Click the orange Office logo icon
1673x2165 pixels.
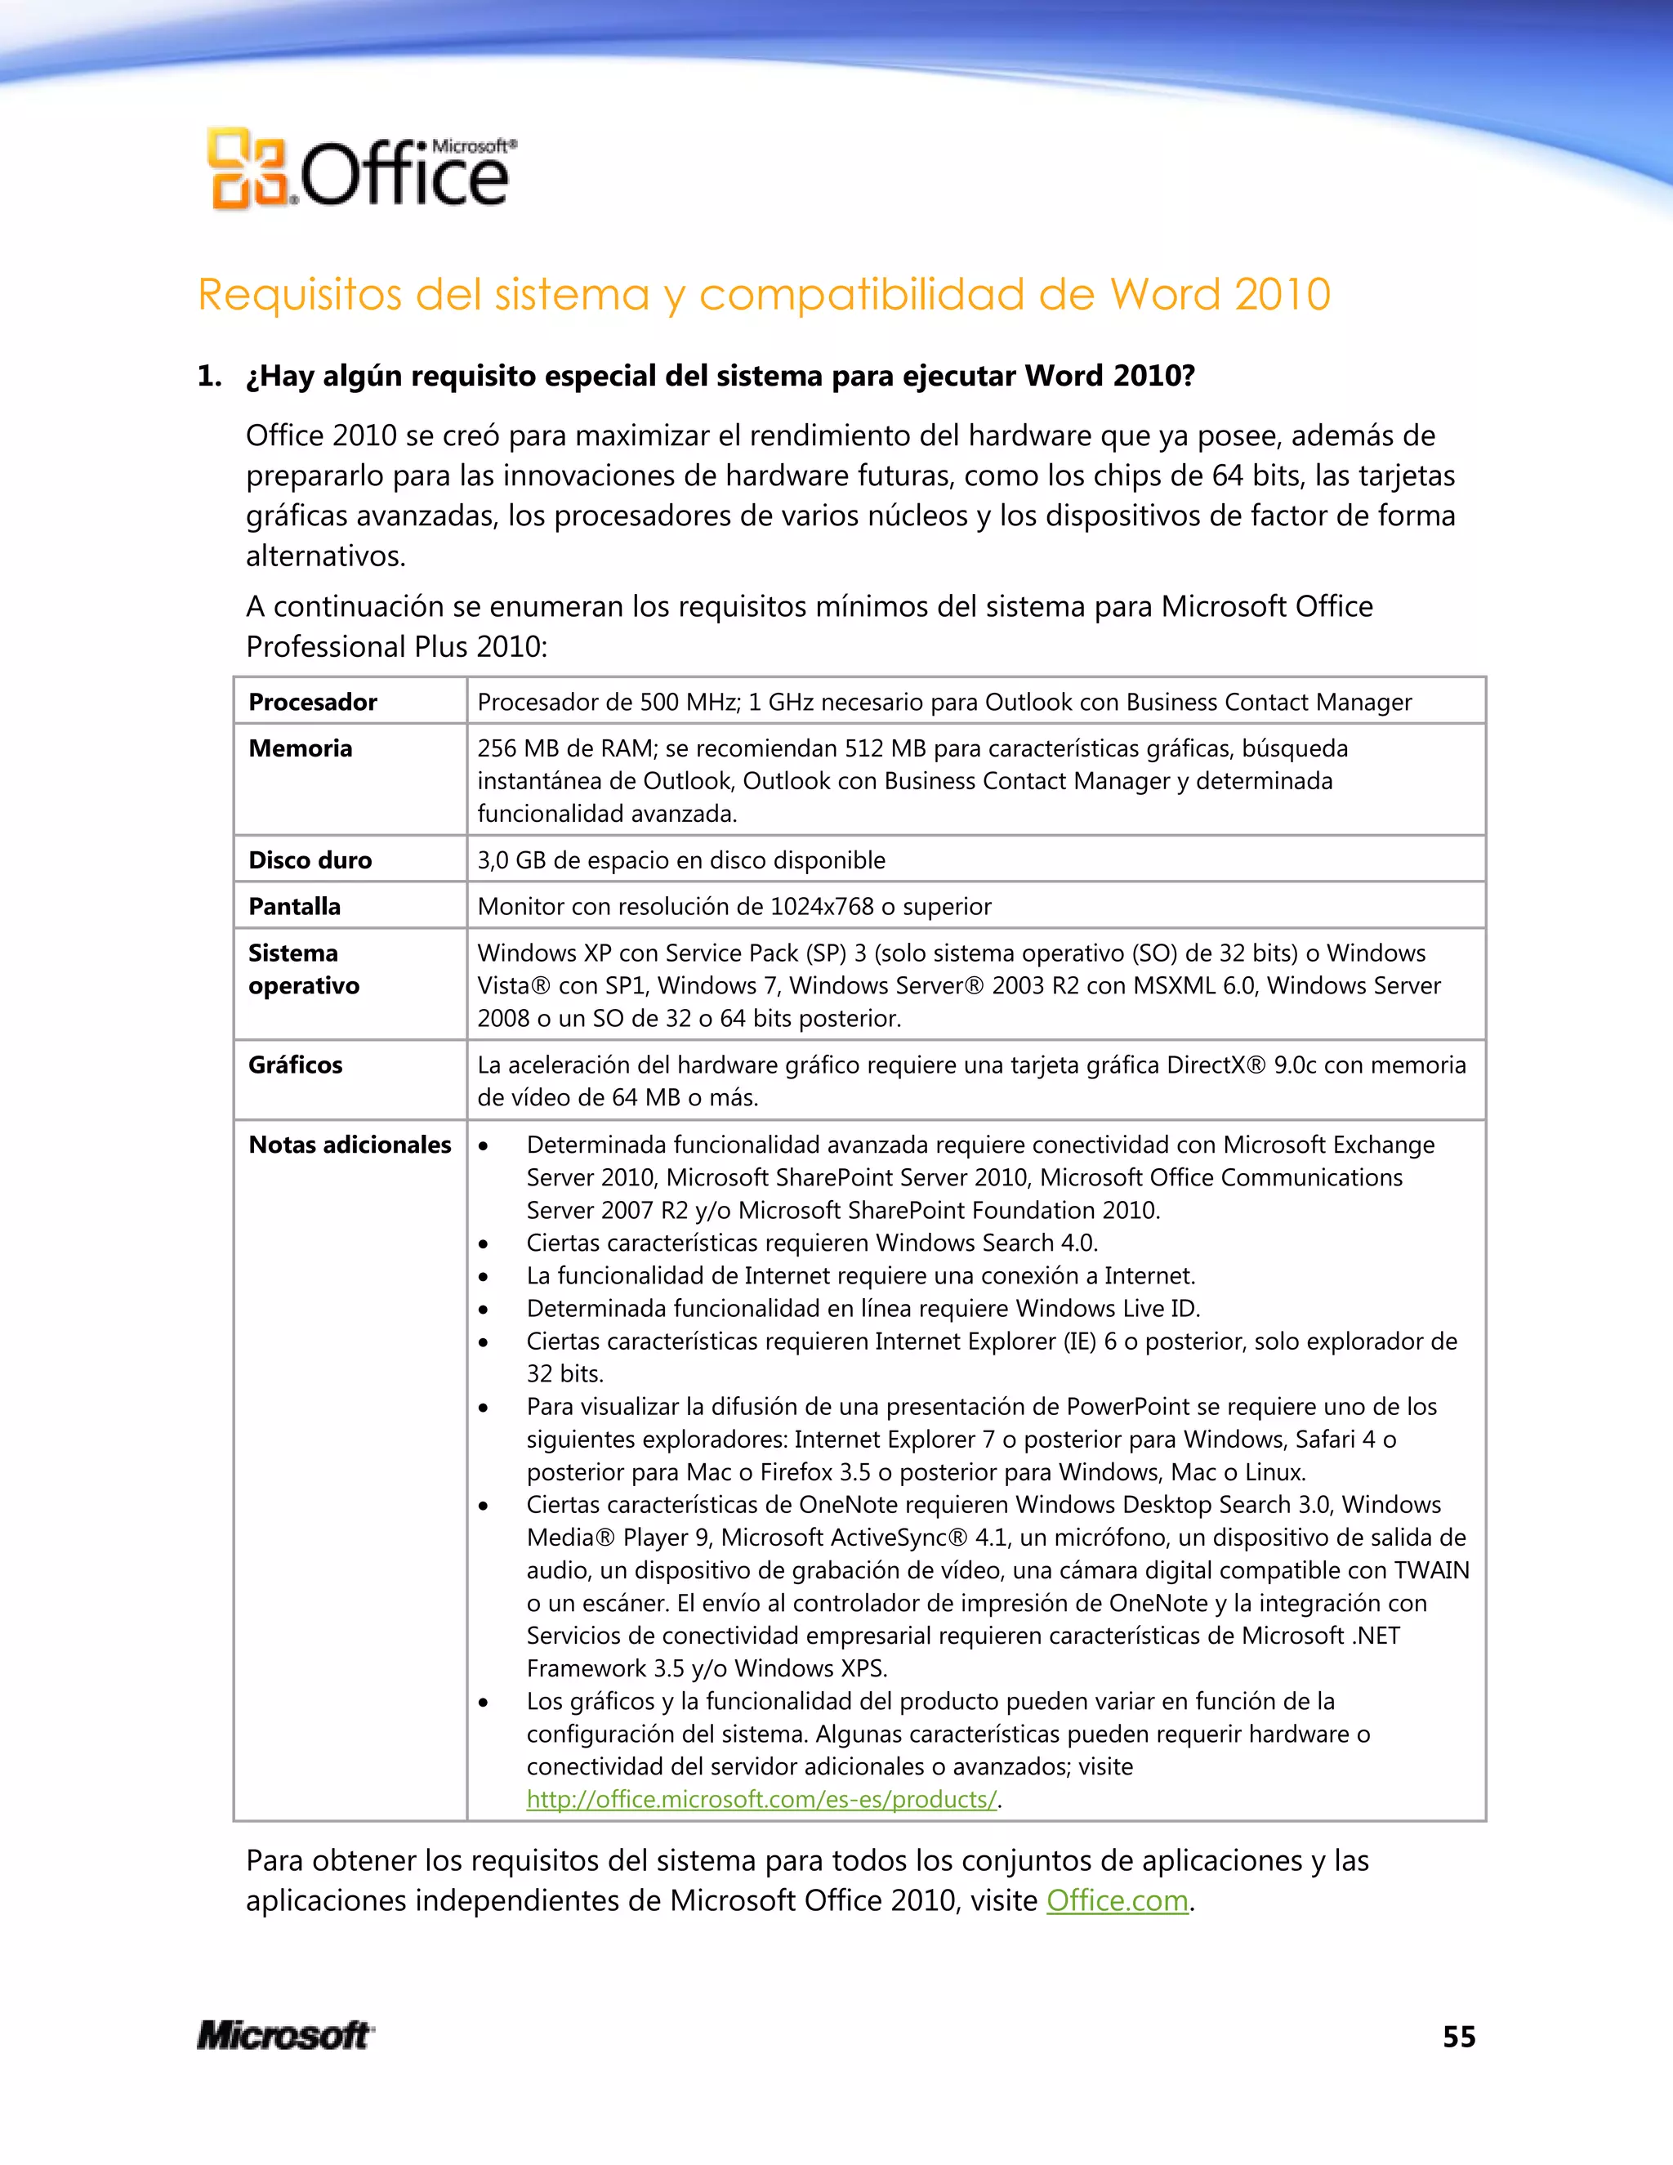pos(248,168)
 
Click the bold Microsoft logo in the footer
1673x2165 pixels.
pos(285,2035)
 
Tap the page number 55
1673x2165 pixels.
pos(1459,2036)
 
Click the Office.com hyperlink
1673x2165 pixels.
pos(1117,1900)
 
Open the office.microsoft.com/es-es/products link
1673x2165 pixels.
pos(761,1799)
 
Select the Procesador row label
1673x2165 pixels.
pos(312,702)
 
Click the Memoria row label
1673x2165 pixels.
pos(301,748)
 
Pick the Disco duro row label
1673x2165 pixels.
pos(310,859)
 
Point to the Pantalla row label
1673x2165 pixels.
pos(294,906)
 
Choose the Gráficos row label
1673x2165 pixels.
pos(296,1065)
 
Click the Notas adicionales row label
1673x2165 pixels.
pos(350,1145)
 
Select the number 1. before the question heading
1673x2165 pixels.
pos(209,376)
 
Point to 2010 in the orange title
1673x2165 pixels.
pos(1283,294)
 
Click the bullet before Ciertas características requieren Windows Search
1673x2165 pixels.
pos(484,1244)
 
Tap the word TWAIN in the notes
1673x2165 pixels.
pos(1431,1570)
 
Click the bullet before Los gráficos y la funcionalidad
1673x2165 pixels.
pos(484,1702)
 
